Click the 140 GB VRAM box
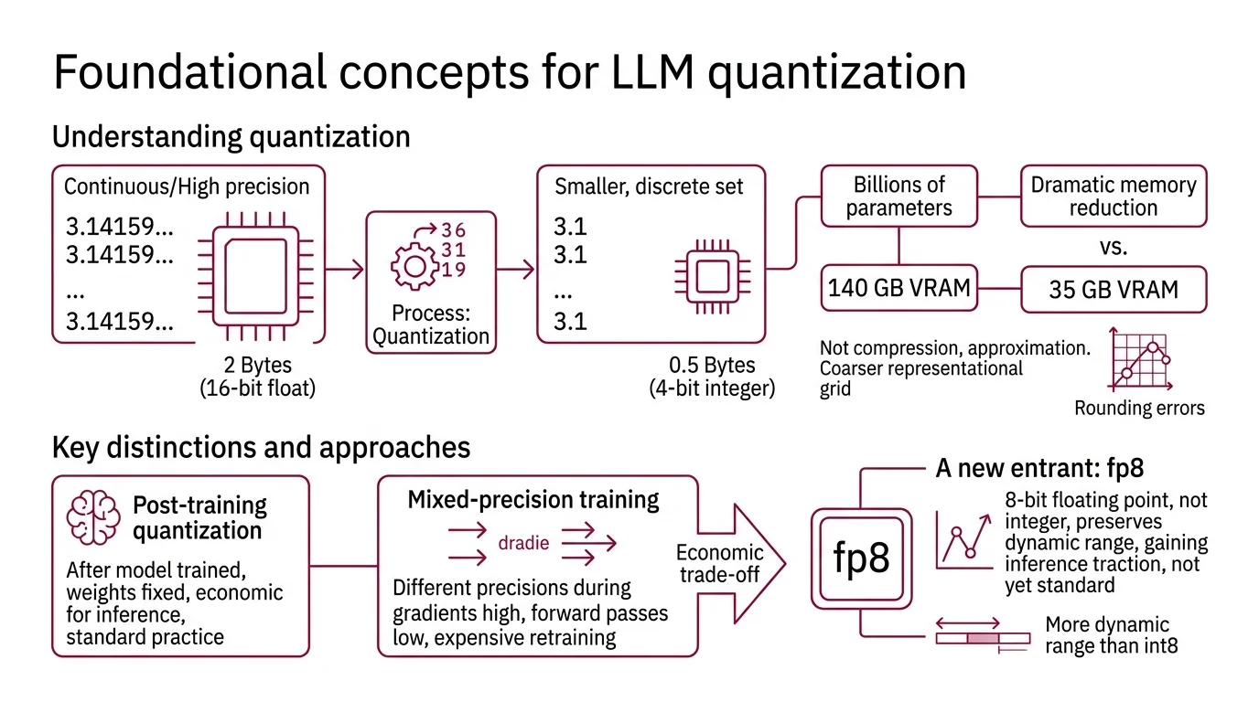point(899,289)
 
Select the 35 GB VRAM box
point(1113,291)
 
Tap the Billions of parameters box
point(899,196)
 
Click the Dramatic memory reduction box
point(1113,196)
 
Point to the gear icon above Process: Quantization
point(414,266)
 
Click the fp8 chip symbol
point(861,558)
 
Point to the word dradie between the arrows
point(523,543)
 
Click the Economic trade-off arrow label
point(719,563)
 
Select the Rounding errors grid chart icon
point(1139,364)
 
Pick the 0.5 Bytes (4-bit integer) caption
point(712,377)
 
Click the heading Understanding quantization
point(231,137)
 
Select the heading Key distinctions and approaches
point(262,447)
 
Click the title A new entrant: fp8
point(1039,469)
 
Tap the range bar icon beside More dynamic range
point(983,636)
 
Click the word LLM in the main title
point(646,73)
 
